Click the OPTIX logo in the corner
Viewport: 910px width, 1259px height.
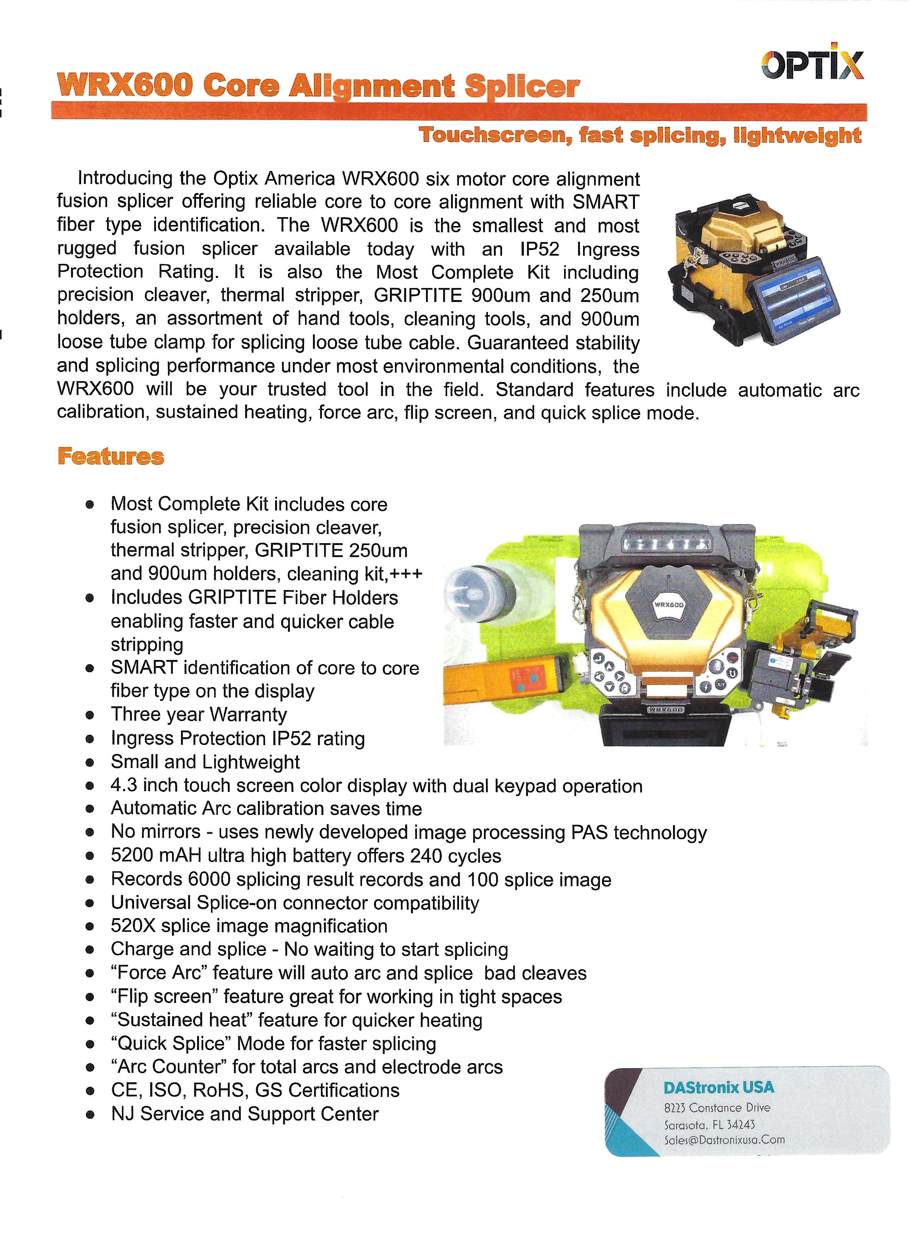click(x=812, y=65)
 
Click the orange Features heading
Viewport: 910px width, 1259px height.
click(x=111, y=457)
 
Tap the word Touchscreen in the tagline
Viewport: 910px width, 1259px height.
click(x=491, y=136)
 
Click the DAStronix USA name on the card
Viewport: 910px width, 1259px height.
click(x=719, y=1087)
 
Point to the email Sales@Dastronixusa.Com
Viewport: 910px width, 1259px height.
click(x=724, y=1140)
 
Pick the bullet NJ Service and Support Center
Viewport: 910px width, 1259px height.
click(x=244, y=1113)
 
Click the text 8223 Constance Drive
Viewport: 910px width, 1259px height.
click(x=717, y=1107)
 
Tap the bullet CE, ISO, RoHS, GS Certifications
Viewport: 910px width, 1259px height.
click(x=255, y=1090)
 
